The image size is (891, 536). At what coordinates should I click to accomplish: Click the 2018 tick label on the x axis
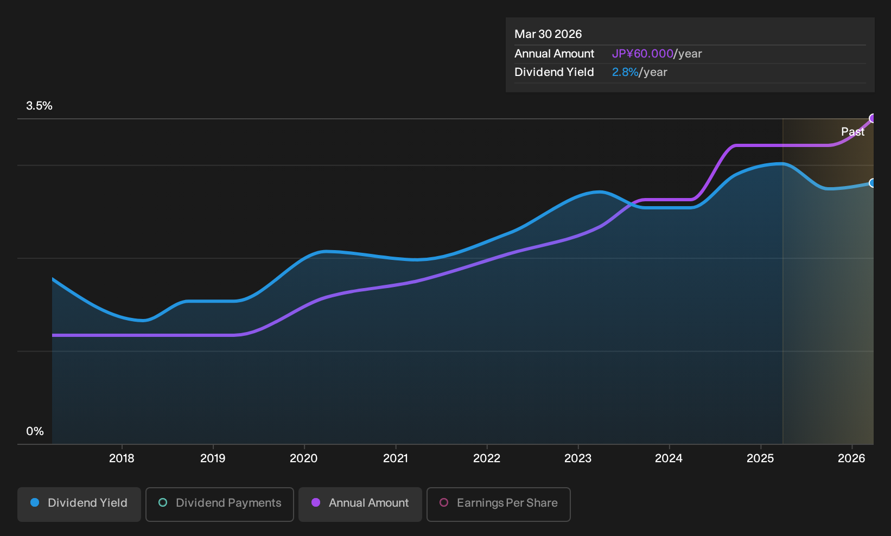(x=122, y=458)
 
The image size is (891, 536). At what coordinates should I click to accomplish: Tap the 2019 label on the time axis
(x=213, y=458)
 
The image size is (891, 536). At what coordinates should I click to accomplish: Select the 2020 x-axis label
(x=304, y=458)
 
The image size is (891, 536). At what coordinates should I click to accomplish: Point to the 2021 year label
(x=396, y=458)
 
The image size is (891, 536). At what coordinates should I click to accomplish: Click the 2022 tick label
(x=487, y=458)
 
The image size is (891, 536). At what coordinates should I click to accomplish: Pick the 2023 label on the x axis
(x=578, y=458)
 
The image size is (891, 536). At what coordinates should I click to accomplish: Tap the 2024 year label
(x=669, y=458)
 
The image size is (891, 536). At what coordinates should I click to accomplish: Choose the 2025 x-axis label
(x=761, y=458)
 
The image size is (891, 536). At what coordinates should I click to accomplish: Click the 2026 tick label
(x=851, y=458)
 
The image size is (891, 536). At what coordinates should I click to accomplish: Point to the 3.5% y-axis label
(x=39, y=106)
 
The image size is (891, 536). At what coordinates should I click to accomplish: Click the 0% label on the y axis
(x=35, y=431)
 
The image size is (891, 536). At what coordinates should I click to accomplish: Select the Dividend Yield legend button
(x=79, y=504)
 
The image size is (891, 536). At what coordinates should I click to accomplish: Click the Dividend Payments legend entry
(x=220, y=504)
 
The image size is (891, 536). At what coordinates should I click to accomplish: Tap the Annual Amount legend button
(x=360, y=504)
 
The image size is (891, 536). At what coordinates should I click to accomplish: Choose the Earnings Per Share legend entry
(x=498, y=504)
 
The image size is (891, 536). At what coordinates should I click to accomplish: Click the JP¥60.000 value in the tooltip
(x=642, y=54)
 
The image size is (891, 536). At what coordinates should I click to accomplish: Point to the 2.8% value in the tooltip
(x=625, y=72)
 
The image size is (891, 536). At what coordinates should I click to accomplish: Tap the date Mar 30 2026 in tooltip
(x=548, y=34)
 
